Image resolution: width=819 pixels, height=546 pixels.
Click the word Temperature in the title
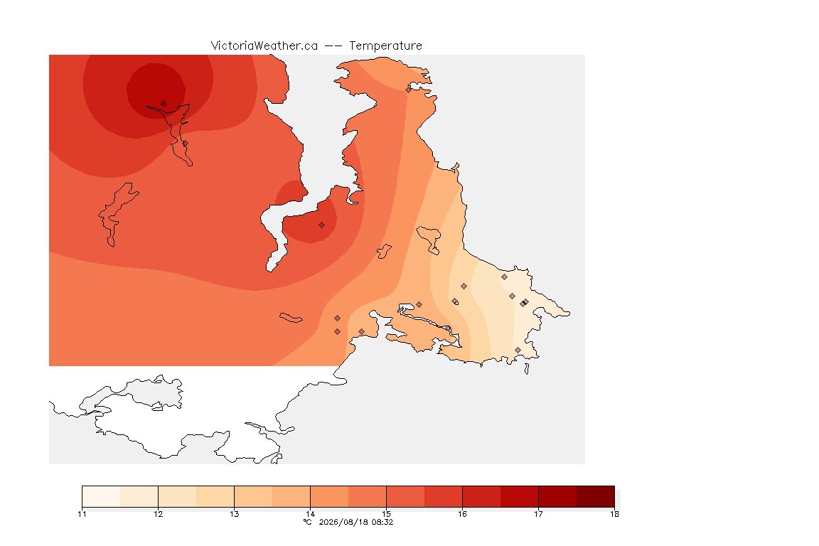click(x=385, y=46)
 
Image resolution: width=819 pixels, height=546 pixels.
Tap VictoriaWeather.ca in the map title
click(x=264, y=46)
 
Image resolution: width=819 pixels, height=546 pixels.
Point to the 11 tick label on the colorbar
click(x=82, y=514)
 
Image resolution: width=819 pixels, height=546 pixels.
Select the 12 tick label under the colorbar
click(x=159, y=514)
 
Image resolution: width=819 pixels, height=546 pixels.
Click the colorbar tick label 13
click(x=235, y=514)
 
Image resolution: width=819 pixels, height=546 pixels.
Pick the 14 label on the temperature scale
click(x=310, y=514)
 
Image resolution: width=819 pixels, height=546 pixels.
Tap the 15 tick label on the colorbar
click(x=387, y=514)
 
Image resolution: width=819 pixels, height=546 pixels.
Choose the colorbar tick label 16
click(x=462, y=514)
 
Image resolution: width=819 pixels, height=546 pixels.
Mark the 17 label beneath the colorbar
click(x=538, y=514)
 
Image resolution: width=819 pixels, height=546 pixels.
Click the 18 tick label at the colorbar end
click(x=614, y=514)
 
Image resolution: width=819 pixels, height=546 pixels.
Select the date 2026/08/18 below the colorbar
click(x=343, y=522)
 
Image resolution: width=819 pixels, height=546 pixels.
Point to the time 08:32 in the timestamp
click(x=382, y=522)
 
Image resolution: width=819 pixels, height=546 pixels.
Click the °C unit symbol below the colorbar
click(x=308, y=522)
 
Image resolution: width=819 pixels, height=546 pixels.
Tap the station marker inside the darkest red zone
click(x=164, y=104)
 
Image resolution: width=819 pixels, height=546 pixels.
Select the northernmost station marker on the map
click(x=409, y=90)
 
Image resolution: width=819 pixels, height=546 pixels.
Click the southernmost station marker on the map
click(x=518, y=350)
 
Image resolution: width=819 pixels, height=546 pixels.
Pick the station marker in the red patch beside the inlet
click(x=322, y=225)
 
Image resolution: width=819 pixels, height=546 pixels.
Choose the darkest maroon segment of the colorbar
click(x=596, y=496)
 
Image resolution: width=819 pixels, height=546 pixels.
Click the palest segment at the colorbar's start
click(x=102, y=496)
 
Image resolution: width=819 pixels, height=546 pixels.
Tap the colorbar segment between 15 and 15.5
click(x=405, y=496)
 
